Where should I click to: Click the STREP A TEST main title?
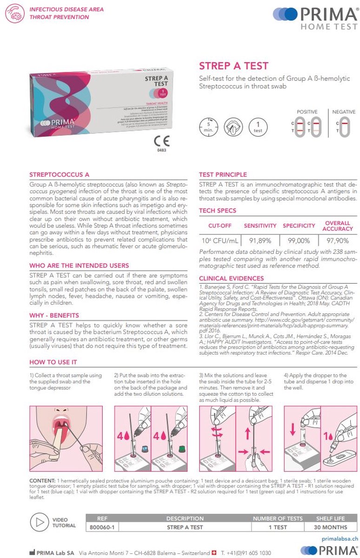click(233, 66)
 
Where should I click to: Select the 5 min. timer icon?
click(208, 127)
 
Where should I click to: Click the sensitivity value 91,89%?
click(260, 240)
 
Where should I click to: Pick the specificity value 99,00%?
click(299, 240)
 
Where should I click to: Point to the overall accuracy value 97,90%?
click(338, 240)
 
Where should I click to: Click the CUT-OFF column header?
click(220, 226)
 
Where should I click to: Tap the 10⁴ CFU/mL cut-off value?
click(220, 240)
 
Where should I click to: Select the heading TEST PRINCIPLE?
click(223, 175)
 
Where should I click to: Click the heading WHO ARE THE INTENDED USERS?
click(79, 266)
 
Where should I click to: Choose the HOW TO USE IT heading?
click(53, 362)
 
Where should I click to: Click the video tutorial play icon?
click(39, 522)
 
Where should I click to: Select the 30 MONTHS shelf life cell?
click(331, 527)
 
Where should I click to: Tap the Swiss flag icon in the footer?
click(214, 553)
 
